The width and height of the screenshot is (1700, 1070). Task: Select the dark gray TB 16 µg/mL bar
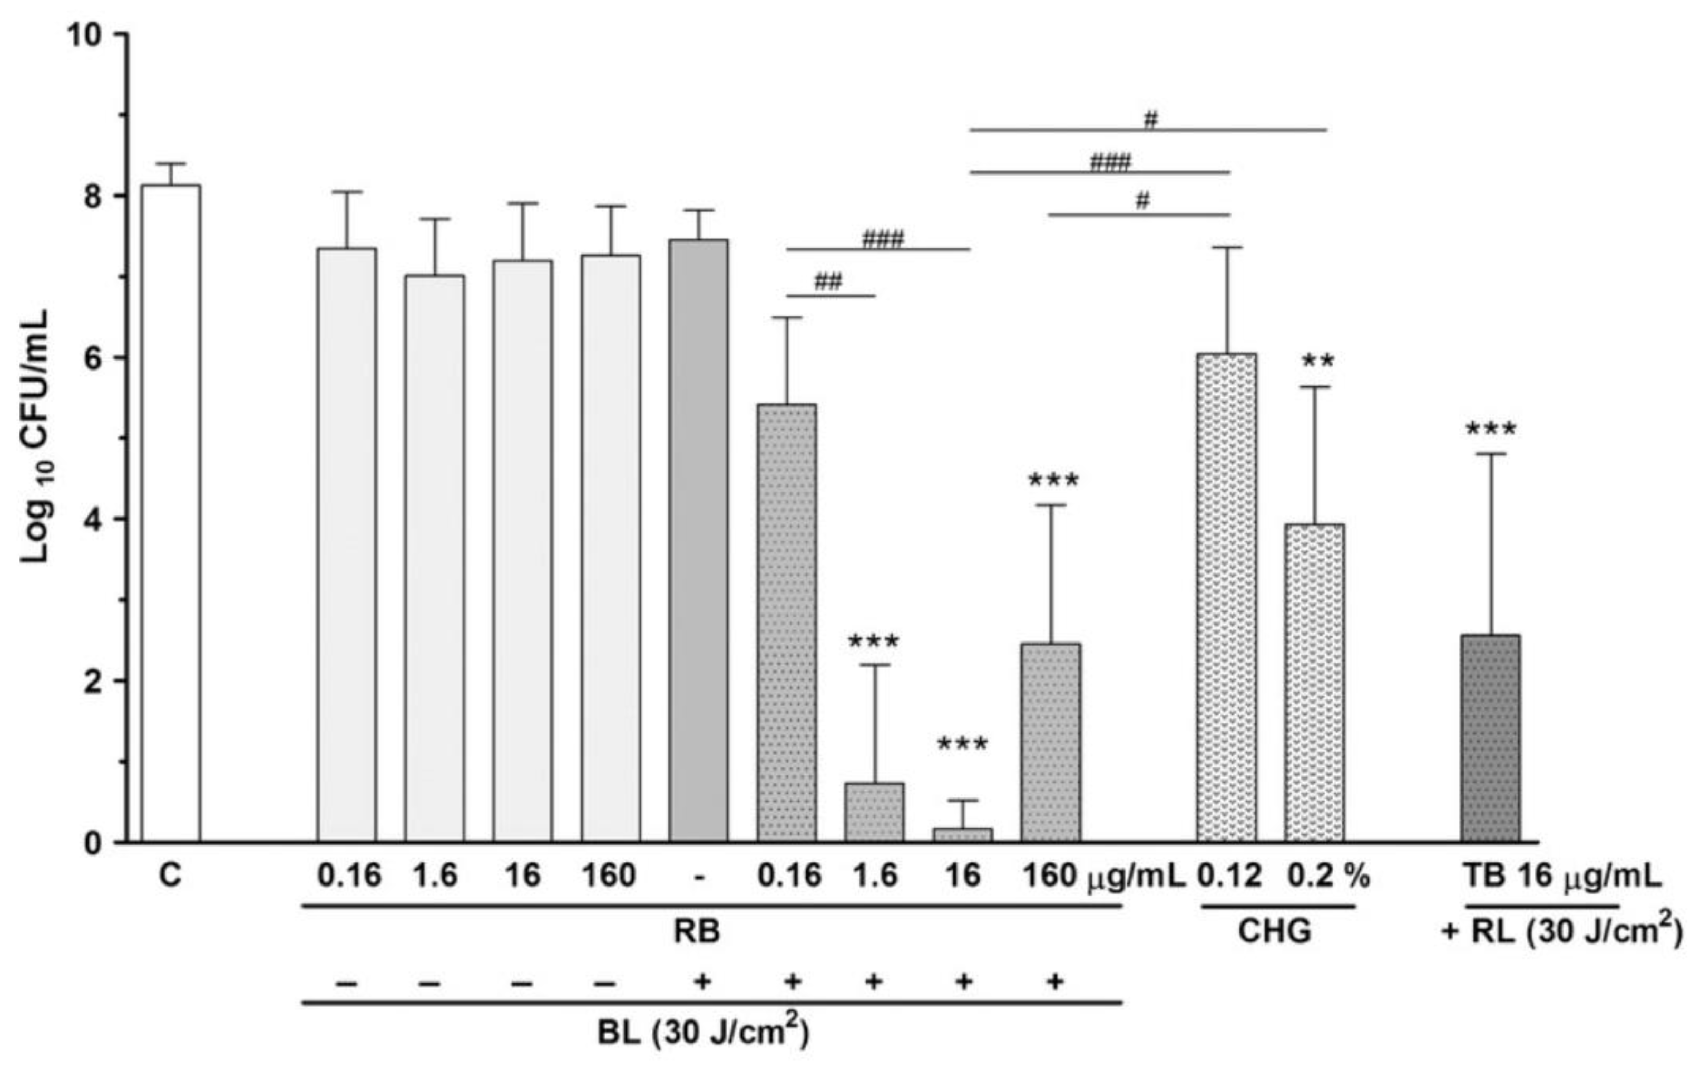(x=1490, y=738)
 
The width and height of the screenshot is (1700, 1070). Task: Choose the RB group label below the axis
(x=697, y=931)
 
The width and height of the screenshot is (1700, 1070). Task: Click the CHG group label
(x=1275, y=931)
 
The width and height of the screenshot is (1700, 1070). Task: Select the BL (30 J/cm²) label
(x=703, y=1033)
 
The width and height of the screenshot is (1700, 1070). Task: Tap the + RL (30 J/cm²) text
(x=1561, y=932)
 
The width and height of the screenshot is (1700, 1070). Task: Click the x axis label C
(x=170, y=877)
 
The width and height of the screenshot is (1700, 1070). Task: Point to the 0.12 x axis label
(x=1228, y=877)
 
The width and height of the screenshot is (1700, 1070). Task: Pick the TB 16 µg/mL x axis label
(x=1561, y=877)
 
